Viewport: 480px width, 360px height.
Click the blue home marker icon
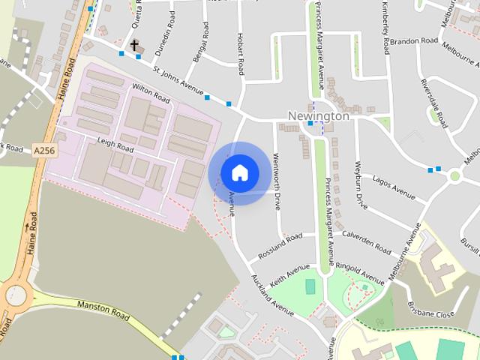tap(240, 172)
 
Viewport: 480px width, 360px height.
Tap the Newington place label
tap(319, 116)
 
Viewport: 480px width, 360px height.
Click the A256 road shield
tap(44, 151)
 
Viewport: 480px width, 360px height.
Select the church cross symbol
tap(135, 46)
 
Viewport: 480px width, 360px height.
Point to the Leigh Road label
tap(115, 145)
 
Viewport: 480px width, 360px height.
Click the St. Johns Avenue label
tap(178, 83)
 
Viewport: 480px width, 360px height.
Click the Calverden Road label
tap(366, 241)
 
